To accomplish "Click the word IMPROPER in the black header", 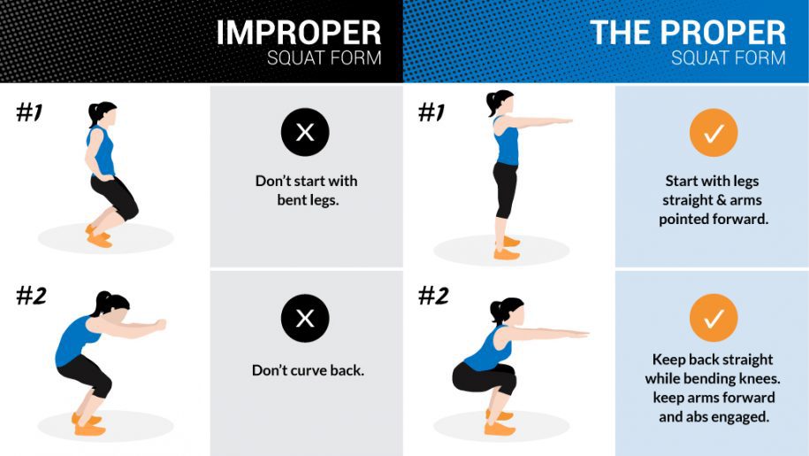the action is click(299, 33).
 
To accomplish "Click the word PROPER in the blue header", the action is click(723, 33).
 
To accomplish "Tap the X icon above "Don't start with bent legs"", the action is click(305, 132).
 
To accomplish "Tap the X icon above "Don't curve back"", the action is click(305, 318).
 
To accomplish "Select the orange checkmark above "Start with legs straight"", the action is click(714, 133).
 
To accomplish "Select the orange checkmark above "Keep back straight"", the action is click(714, 318).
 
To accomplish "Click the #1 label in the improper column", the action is click(29, 112).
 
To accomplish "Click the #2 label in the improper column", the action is click(32, 296).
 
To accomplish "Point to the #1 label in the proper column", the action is click(431, 112).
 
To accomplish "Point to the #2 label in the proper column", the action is click(433, 296).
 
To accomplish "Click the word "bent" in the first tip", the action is click(292, 200).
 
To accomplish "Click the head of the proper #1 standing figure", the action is click(501, 102).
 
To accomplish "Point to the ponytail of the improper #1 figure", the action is click(94, 114).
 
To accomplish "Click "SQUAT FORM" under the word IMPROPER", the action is click(324, 58).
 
